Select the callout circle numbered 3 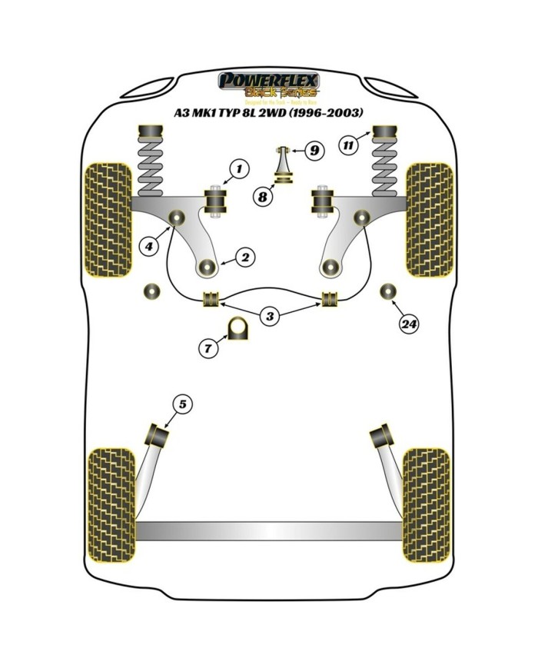pos(269,314)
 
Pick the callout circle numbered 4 pos(148,246)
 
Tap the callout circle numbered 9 pos(314,151)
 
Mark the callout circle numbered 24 pos(409,324)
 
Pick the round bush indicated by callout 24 pos(389,292)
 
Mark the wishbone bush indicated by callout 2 pos(206,268)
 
